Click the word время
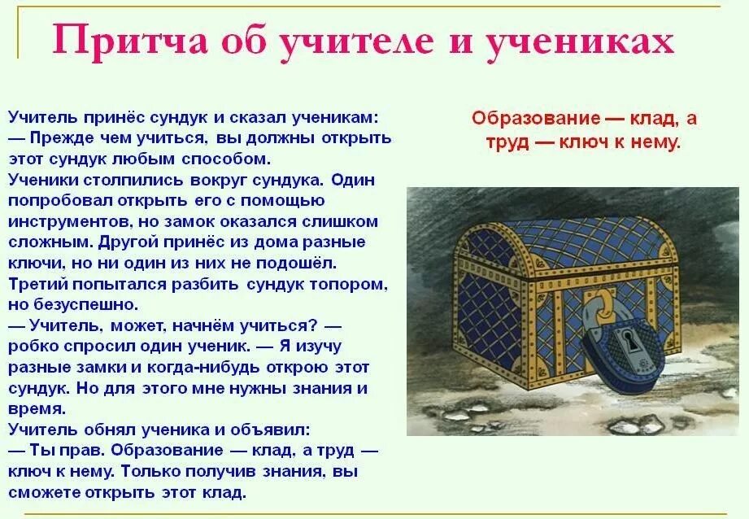click(x=37, y=409)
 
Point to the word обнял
click(x=105, y=430)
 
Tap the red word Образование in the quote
click(x=537, y=119)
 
